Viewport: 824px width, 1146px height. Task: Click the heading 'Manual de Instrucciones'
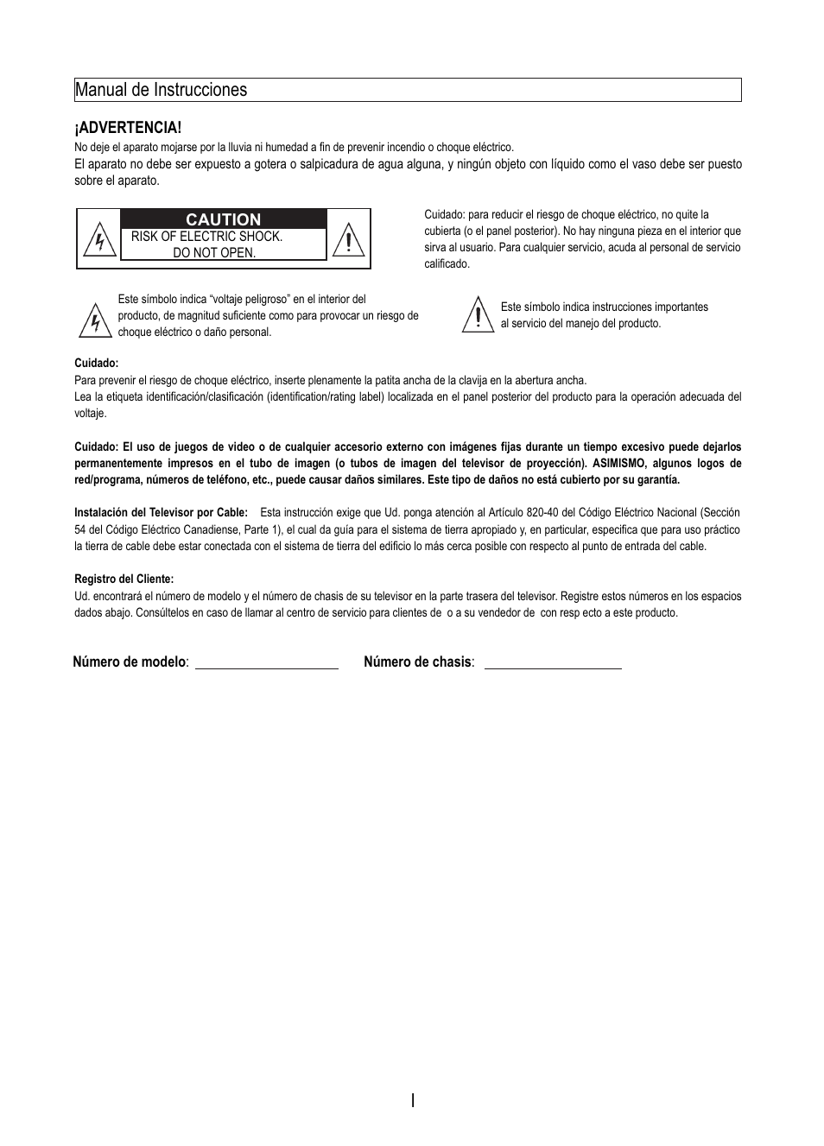(161, 90)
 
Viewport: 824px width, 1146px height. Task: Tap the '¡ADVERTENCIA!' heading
(128, 128)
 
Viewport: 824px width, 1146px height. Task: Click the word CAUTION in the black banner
(224, 219)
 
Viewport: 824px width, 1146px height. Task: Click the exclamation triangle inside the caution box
(348, 239)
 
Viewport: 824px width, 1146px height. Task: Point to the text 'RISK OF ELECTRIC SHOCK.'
(206, 237)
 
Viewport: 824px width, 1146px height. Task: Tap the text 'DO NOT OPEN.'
(214, 253)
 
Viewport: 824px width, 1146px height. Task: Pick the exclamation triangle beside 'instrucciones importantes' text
(477, 315)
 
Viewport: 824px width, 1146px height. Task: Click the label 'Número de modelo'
(130, 662)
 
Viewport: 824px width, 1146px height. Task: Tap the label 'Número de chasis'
(418, 662)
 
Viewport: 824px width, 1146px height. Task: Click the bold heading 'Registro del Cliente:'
(124, 579)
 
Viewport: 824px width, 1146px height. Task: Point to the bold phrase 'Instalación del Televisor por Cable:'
(161, 513)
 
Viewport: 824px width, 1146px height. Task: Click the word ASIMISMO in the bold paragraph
(618, 464)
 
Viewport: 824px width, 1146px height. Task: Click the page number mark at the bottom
(413, 1100)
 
